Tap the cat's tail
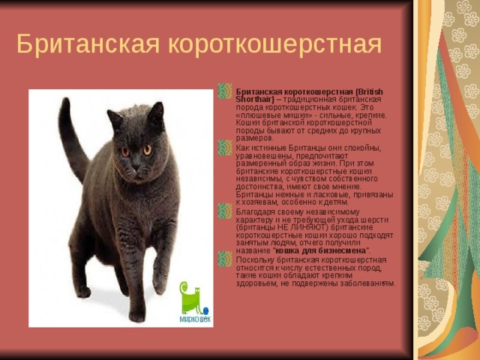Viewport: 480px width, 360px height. point(70,139)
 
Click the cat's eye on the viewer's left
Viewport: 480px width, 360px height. point(125,151)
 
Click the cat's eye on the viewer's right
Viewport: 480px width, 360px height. point(148,149)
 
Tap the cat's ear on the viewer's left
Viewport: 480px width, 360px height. point(115,118)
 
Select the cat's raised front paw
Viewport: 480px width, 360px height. point(160,281)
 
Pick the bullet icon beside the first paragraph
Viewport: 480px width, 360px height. point(226,91)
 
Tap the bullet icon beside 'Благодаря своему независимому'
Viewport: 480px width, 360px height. point(226,212)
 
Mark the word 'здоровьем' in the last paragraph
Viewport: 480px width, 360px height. point(259,283)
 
